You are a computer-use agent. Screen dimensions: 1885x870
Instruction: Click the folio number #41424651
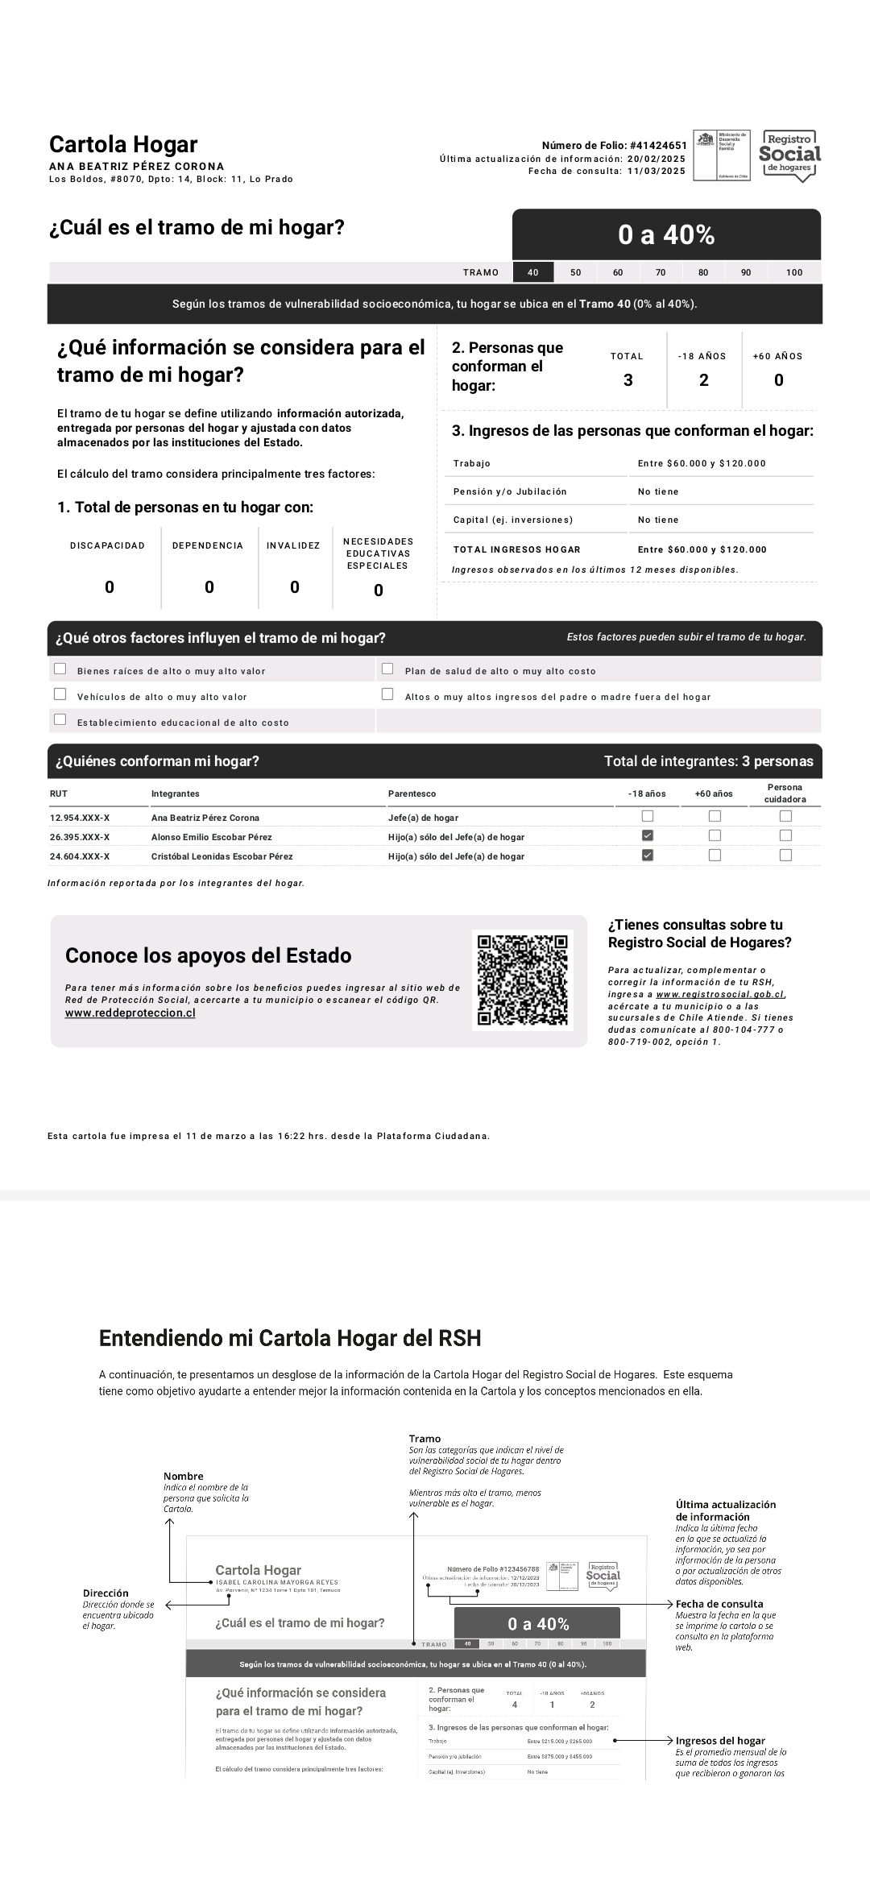658,146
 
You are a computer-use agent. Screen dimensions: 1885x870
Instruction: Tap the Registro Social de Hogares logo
790,155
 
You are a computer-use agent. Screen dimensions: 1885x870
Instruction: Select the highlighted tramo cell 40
533,272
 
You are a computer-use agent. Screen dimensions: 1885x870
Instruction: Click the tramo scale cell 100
794,272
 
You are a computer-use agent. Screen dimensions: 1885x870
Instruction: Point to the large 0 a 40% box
666,234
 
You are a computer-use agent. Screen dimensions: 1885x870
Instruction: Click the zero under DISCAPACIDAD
110,587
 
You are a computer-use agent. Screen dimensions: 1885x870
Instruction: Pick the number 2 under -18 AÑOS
703,380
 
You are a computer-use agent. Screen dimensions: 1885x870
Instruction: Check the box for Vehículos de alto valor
60,694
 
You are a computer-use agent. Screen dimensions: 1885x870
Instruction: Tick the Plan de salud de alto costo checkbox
387,669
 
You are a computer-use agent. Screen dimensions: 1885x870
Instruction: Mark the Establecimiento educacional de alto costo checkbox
60,719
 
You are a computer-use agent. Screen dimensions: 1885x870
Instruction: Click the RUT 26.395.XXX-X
80,837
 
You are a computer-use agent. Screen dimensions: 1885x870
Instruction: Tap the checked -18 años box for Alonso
647,836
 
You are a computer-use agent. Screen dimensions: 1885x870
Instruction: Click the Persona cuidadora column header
785,793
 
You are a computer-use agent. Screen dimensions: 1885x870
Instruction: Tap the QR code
523,980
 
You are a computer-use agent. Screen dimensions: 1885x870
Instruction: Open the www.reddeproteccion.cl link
130,1013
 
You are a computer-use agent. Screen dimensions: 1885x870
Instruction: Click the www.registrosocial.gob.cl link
720,995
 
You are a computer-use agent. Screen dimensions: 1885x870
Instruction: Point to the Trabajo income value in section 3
702,463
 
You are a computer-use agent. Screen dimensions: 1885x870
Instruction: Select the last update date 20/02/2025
657,159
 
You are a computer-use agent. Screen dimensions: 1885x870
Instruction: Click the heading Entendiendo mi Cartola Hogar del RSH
290,1339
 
